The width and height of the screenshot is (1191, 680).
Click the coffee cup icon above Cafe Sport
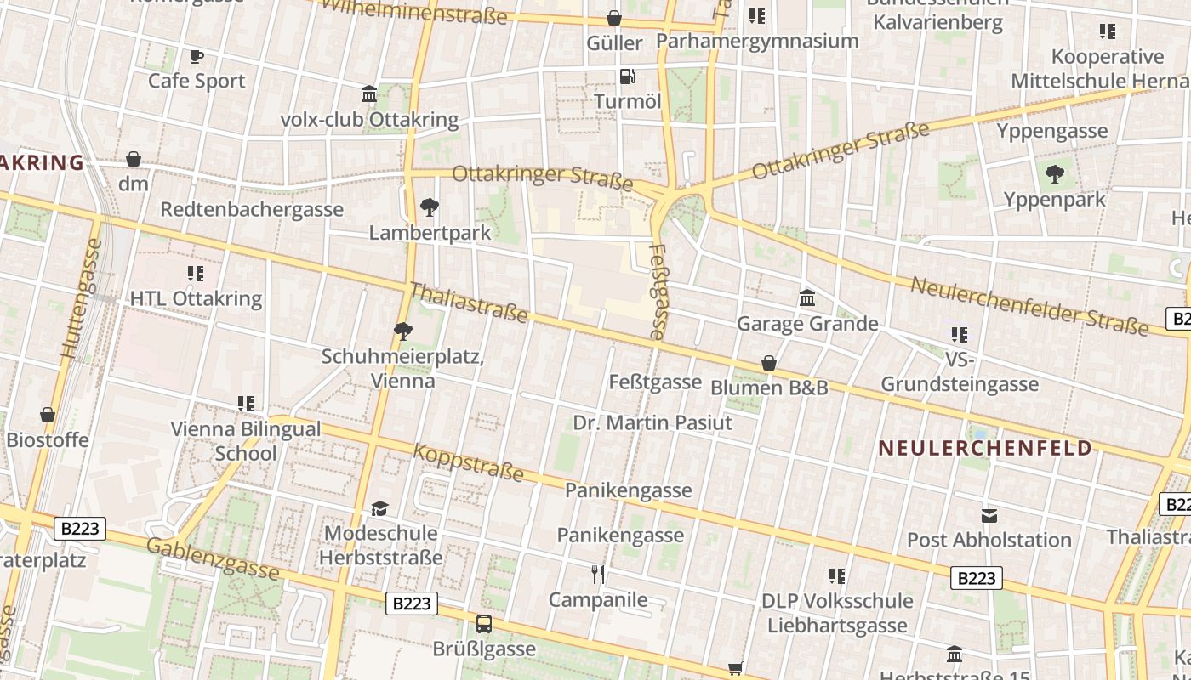point(197,57)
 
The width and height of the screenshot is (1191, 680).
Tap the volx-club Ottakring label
point(369,119)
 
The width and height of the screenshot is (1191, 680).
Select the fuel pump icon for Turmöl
point(627,76)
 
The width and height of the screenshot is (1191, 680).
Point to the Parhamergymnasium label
point(757,41)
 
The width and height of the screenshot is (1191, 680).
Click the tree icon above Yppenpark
point(1054,174)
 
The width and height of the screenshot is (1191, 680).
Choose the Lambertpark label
point(430,232)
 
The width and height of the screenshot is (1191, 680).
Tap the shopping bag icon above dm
point(134,159)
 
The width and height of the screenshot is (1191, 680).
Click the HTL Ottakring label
point(196,298)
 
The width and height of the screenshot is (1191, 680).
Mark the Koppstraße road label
point(468,462)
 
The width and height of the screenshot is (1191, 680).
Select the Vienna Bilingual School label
point(246,440)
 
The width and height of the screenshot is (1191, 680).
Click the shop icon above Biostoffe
point(48,415)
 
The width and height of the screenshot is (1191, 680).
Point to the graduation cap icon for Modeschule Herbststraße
point(379,508)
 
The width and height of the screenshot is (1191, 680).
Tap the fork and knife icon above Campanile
point(598,575)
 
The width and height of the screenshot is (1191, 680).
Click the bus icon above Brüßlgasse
point(484,624)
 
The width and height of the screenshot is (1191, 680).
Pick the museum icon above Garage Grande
point(807,298)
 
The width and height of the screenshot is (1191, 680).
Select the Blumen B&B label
point(769,388)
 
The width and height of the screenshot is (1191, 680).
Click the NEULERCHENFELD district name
point(985,448)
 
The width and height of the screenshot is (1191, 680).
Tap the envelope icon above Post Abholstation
point(989,515)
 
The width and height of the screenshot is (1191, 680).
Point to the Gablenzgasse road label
point(213,558)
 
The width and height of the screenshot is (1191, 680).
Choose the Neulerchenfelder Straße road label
point(1029,304)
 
